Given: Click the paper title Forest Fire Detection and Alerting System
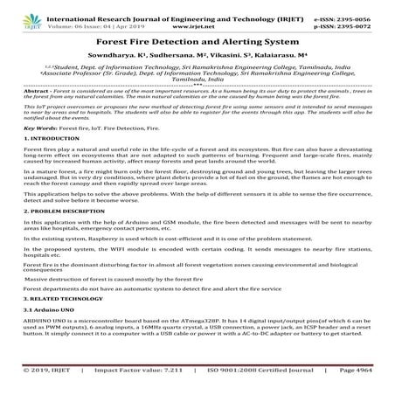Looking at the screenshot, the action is [x=197, y=40].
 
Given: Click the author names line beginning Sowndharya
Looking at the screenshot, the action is [x=197, y=55].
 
